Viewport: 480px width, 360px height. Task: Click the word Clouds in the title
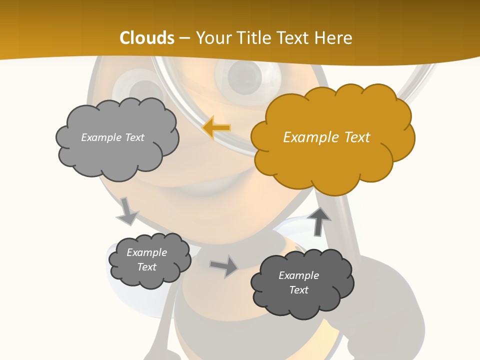[x=147, y=38]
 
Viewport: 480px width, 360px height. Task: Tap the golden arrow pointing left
[x=216, y=128]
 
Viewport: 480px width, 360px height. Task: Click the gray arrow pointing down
[x=127, y=212]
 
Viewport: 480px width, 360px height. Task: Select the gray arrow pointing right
[x=224, y=266]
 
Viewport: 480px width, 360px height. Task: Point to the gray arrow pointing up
[x=318, y=221]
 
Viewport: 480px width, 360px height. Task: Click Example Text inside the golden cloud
[x=326, y=137]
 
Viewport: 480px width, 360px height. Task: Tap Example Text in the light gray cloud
[x=112, y=137]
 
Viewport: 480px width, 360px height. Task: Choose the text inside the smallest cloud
[x=147, y=260]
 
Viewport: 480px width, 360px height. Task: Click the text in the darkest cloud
[x=299, y=282]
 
